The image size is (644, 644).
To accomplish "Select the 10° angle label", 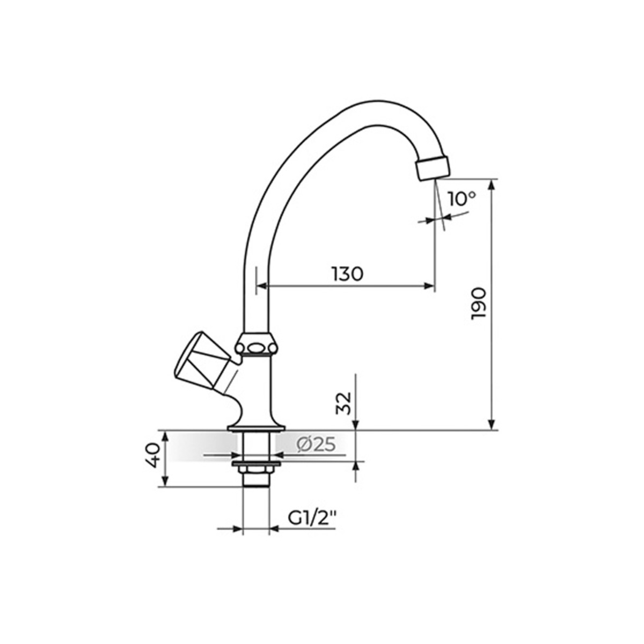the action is [462, 199].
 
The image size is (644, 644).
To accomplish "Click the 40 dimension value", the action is [153, 455].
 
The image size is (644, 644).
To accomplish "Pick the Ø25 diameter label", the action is [316, 445].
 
